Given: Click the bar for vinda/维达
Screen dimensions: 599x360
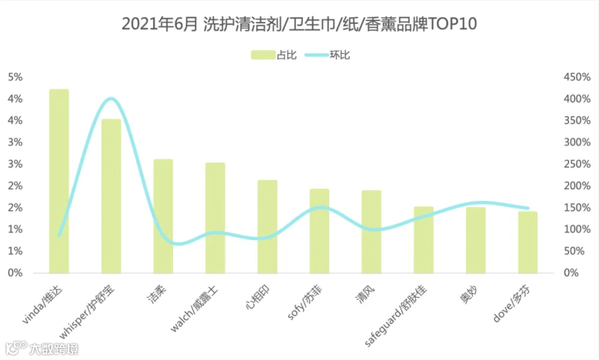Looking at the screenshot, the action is click(59, 181).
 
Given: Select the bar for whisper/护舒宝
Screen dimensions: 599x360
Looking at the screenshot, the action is click(111, 196).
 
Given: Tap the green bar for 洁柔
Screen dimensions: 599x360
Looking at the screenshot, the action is click(163, 216).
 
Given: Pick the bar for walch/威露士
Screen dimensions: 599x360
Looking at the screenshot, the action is click(215, 218).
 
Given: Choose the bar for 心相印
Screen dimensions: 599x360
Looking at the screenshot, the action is click(268, 226).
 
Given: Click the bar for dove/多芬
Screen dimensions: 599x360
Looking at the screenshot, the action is click(528, 242).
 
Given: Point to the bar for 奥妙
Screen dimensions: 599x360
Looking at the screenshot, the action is click(476, 240).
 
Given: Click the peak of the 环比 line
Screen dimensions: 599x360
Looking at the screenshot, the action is click(110, 98).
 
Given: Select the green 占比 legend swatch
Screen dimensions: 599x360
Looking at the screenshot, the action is click(263, 55).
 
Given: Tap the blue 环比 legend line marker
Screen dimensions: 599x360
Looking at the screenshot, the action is click(317, 55).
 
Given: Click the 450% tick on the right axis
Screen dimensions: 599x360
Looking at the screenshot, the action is click(577, 77).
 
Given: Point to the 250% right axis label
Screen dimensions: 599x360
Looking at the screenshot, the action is click(577, 164).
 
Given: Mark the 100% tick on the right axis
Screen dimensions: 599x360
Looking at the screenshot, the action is click(577, 230).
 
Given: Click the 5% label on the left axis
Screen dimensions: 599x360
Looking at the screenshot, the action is click(15, 77).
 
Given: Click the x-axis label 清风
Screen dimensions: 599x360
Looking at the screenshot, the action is click(365, 295).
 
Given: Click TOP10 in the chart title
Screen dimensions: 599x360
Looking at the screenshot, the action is click(452, 24).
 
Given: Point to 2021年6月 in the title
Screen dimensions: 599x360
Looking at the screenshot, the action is click(160, 24).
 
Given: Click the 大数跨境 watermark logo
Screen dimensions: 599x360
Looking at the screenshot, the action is click(42, 348).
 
